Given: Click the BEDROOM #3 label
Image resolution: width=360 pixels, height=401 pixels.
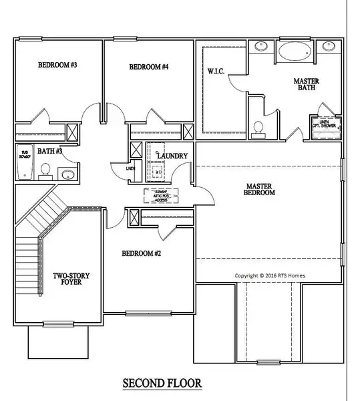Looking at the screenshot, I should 57,65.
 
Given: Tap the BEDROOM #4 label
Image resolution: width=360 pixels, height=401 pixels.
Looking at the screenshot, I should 148,67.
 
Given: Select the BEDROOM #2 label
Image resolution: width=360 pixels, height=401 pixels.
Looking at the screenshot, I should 141,254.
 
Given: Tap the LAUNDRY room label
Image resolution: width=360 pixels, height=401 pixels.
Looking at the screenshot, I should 172,156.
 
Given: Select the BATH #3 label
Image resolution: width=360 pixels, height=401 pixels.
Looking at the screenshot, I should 49,152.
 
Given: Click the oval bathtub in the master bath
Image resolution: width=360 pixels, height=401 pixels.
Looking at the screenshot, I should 293,49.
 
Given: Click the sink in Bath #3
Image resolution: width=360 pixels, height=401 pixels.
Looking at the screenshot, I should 67,175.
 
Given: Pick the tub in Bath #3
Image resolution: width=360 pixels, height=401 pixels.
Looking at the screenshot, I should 24,164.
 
